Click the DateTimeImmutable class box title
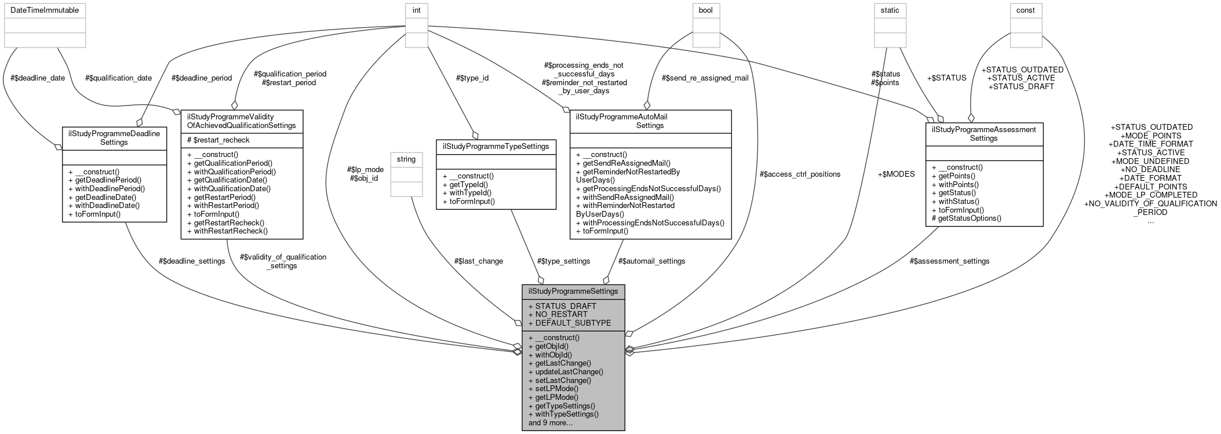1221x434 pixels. (x=45, y=10)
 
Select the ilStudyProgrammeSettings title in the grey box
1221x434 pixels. (x=573, y=291)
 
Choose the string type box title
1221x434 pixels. (x=406, y=158)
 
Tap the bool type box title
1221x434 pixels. (x=706, y=10)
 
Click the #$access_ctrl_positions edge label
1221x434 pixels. (x=799, y=174)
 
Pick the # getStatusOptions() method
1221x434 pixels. (x=966, y=218)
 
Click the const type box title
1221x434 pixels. (x=1025, y=10)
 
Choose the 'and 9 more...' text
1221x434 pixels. (x=550, y=423)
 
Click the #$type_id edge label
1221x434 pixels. (x=472, y=78)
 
